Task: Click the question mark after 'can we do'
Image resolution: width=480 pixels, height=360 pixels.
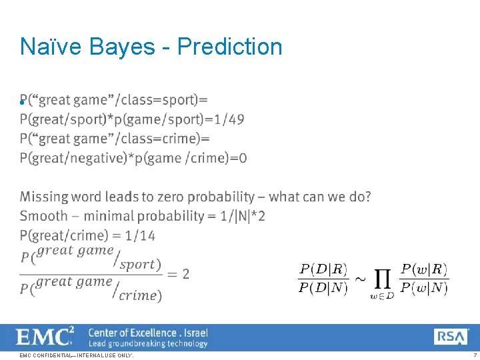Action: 367,197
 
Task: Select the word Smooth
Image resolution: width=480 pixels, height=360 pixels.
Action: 43,216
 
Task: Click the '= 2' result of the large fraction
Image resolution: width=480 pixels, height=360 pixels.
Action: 178,274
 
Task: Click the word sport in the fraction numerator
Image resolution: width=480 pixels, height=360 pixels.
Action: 139,264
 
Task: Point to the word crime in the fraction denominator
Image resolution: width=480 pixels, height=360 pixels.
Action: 139,295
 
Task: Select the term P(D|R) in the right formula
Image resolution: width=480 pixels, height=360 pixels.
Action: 323,269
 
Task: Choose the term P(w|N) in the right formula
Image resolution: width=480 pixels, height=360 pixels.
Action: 424,289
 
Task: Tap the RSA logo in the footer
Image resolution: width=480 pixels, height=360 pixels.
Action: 451,336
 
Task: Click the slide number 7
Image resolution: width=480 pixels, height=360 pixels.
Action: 474,355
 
